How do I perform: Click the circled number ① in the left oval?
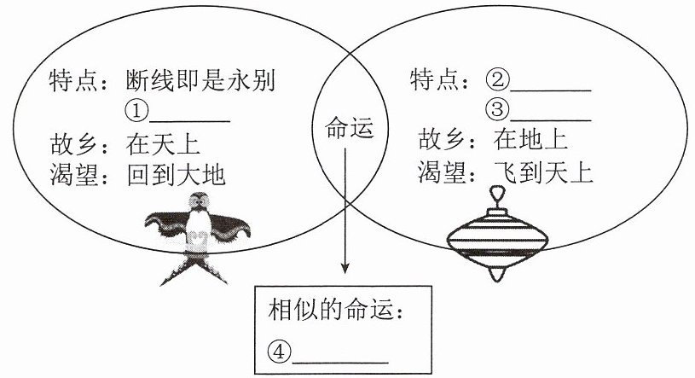click(136, 110)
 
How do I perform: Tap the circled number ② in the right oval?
click(497, 80)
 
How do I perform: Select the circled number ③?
click(497, 109)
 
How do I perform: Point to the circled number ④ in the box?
click(279, 352)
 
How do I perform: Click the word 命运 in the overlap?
click(350, 128)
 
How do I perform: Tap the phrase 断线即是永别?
click(200, 81)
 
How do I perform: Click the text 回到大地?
click(176, 175)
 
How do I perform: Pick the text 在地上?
click(530, 139)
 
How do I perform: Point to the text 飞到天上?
click(543, 172)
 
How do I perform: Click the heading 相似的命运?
click(331, 309)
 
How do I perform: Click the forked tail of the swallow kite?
click(194, 270)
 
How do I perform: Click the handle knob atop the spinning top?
click(497, 195)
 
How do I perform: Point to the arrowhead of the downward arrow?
click(345, 269)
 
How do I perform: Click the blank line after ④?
click(340, 363)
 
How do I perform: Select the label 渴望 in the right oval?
click(442, 172)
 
